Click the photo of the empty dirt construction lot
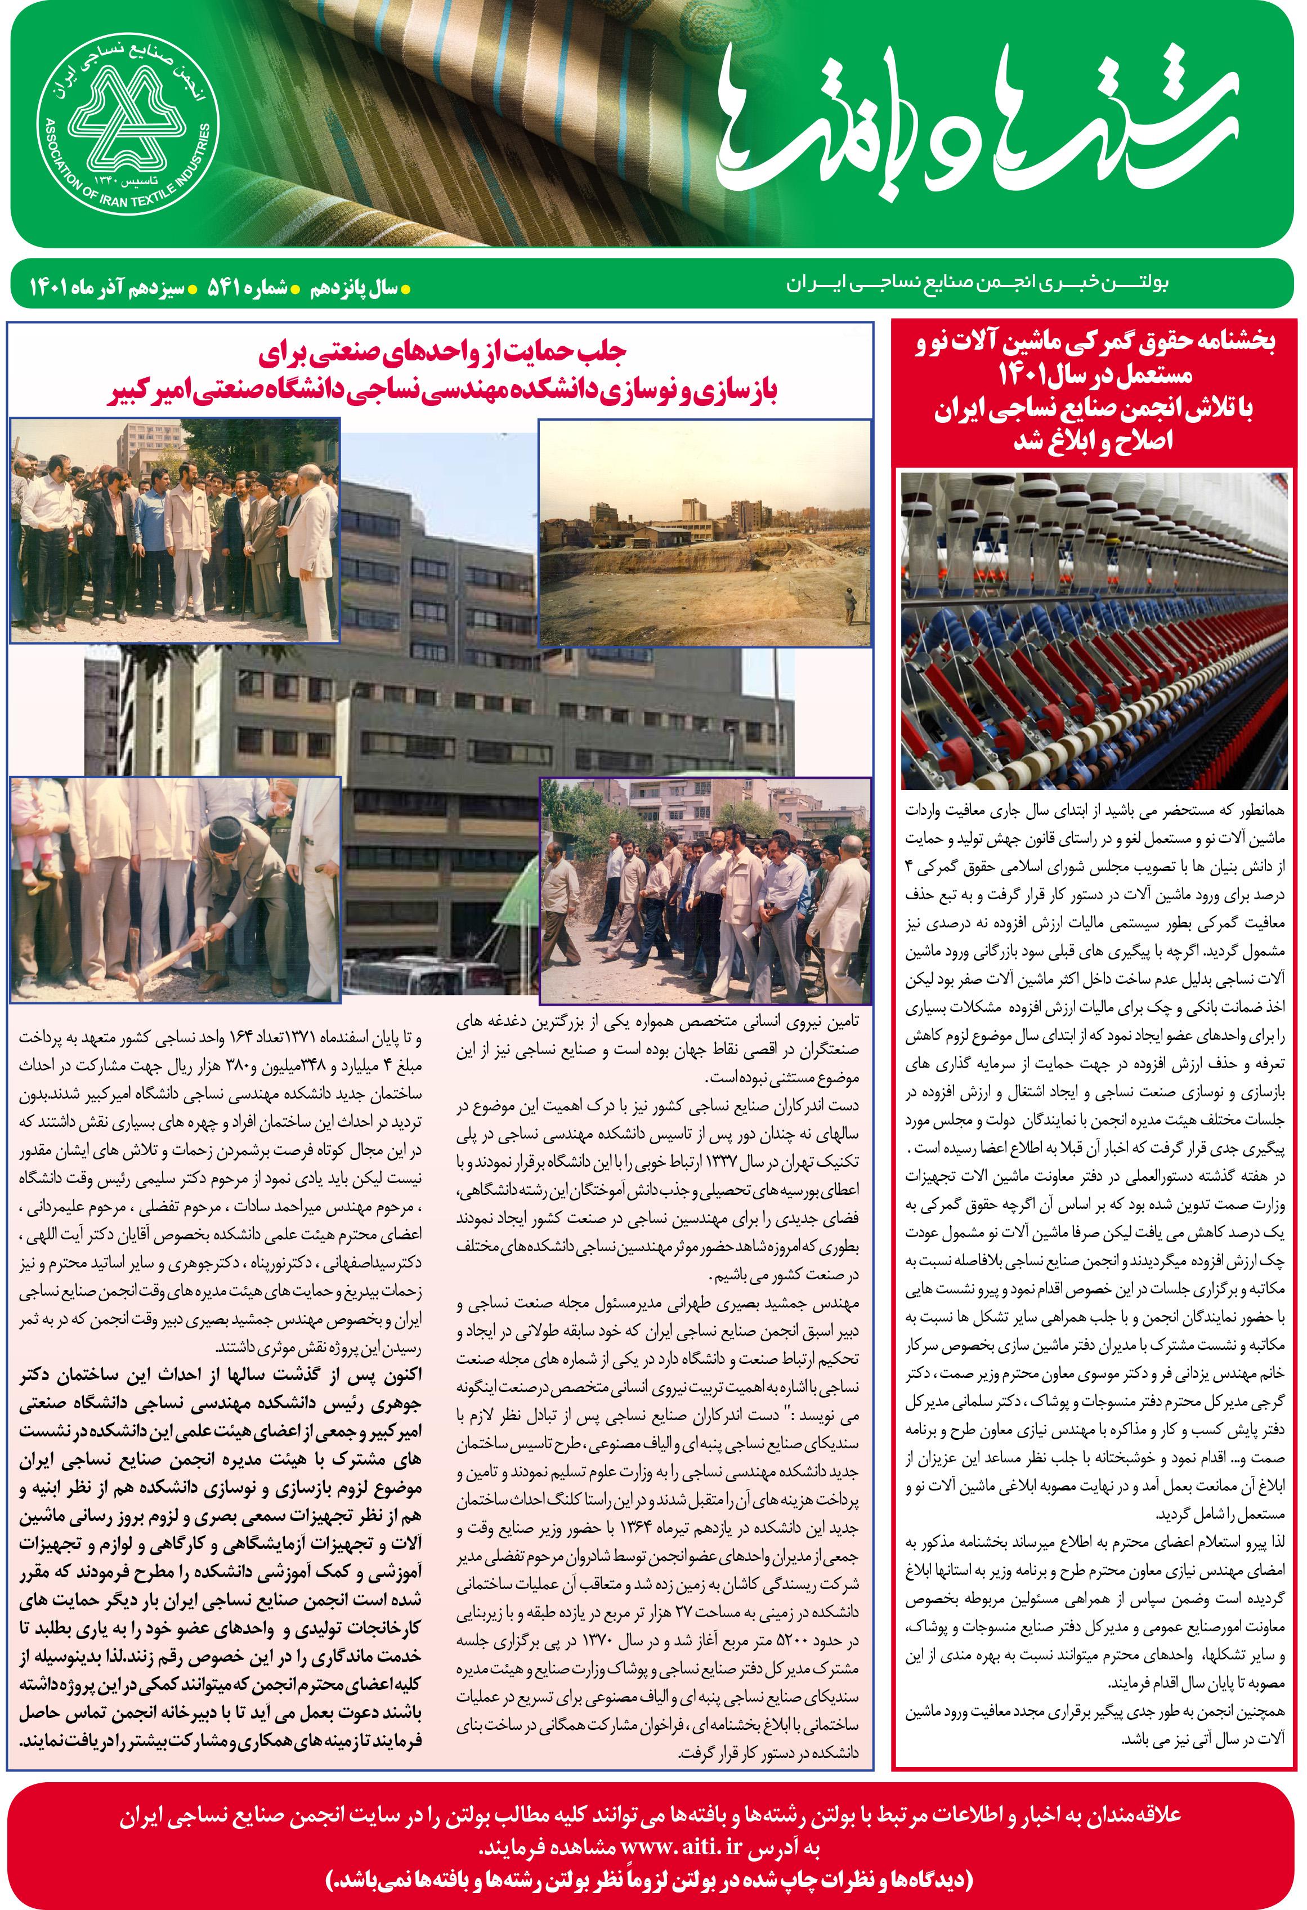(x=704, y=533)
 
